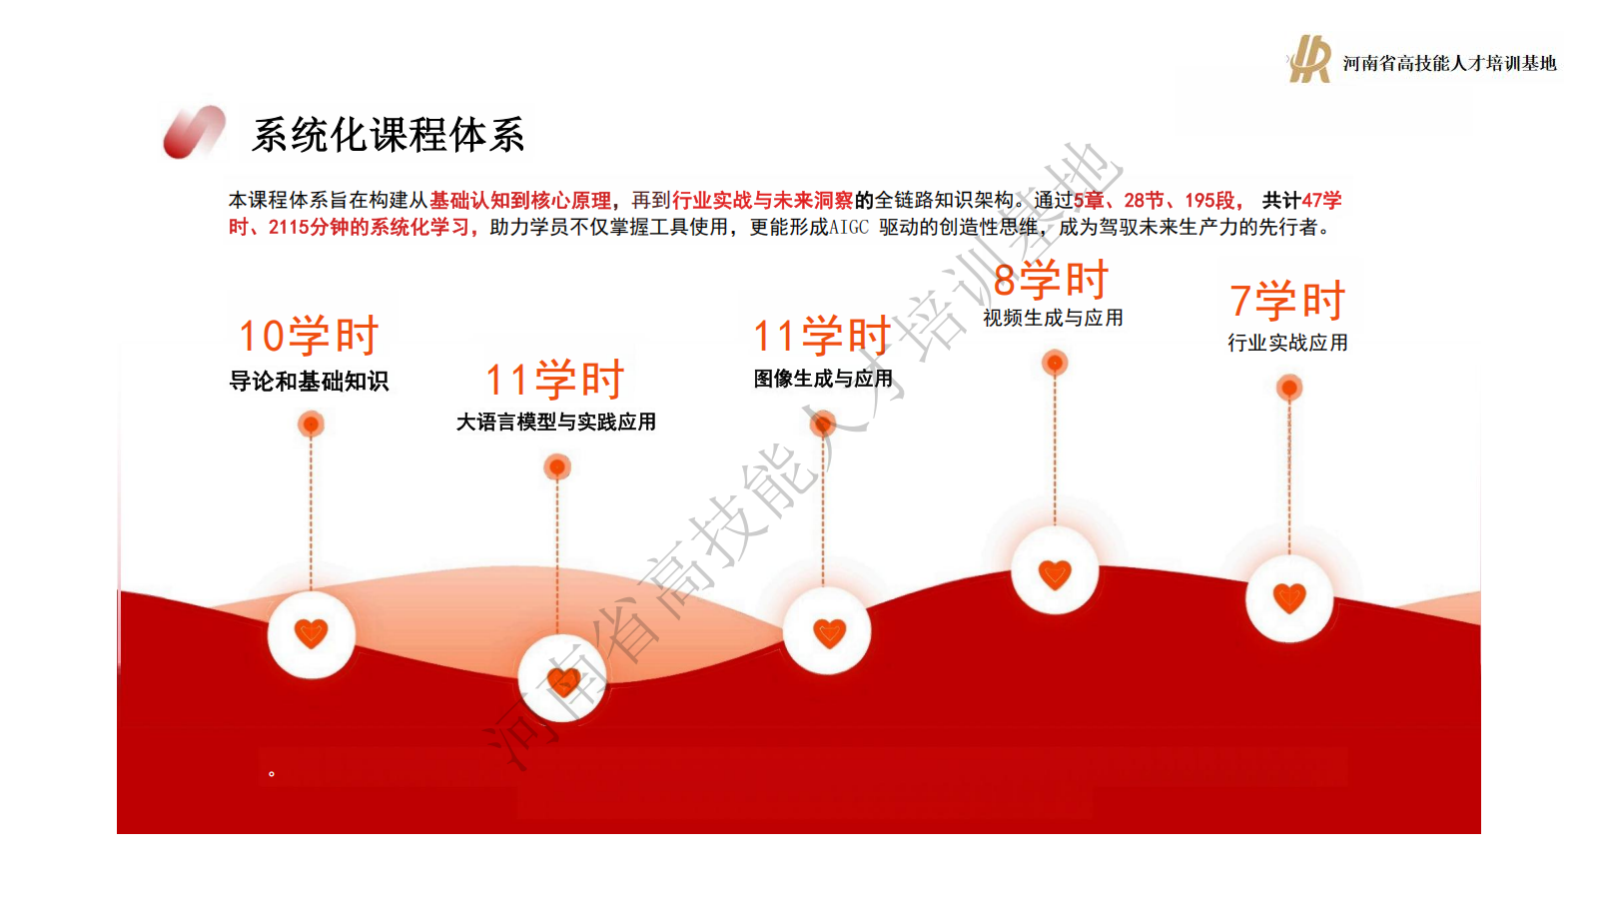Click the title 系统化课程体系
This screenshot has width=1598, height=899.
tap(389, 135)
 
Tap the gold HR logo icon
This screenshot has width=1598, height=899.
tap(1309, 59)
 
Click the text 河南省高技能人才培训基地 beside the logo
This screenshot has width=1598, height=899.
tap(1449, 64)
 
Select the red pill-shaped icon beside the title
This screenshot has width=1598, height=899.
tap(194, 132)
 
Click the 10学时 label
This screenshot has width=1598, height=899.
tap(309, 336)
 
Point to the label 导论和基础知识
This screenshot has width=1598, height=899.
tap(309, 381)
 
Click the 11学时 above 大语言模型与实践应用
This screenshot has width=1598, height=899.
tap(555, 379)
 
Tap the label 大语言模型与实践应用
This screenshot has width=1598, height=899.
tap(555, 422)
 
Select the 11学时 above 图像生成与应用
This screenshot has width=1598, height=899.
tap(822, 336)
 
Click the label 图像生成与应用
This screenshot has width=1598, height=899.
tap(823, 379)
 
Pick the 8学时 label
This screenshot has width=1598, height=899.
tap(1051, 279)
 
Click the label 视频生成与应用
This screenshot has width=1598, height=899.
tap(1053, 318)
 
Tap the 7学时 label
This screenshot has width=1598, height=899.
tap(1287, 300)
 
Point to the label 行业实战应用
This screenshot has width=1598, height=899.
tap(1287, 343)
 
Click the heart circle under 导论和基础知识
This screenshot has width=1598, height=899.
tap(311, 633)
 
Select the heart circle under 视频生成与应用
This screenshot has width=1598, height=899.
tap(1055, 570)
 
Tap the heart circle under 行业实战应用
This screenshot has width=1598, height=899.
tap(1289, 598)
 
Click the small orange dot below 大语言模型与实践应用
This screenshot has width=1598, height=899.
tap(557, 467)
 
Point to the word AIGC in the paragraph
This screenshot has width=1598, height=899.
tap(849, 228)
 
